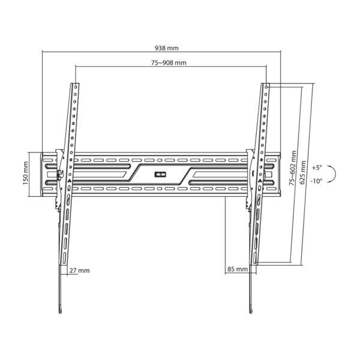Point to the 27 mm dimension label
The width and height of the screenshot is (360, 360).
[x=79, y=271]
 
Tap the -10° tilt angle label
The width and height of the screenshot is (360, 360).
[x=317, y=181]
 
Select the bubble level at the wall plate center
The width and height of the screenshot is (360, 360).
[x=160, y=175]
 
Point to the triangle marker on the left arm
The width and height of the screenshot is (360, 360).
[x=68, y=180]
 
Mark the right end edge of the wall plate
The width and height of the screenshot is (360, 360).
[x=280, y=174]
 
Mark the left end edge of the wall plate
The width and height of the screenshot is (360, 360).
[x=42, y=174]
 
